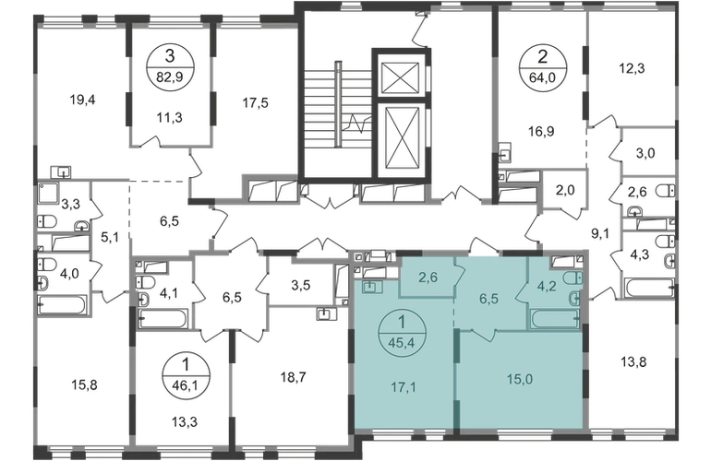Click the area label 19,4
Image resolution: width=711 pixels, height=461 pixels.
[x=82, y=100]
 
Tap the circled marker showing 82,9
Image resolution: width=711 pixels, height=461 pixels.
[x=169, y=68]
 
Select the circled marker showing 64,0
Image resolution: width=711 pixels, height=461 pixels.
[x=542, y=68]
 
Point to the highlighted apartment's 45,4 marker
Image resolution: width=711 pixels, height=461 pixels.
[x=402, y=334]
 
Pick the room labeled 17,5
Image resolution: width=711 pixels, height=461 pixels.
[x=255, y=103]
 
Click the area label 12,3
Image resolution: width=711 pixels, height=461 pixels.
[x=632, y=68]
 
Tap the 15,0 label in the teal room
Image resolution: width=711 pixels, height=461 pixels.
[x=520, y=380]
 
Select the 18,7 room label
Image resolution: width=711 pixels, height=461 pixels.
[x=294, y=377]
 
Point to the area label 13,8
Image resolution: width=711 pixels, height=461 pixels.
[x=633, y=362]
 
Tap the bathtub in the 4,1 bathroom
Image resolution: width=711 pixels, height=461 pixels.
[x=162, y=318]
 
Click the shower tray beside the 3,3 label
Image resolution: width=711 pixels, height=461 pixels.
[x=48, y=194]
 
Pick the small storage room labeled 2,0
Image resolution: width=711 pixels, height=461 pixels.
[x=565, y=190]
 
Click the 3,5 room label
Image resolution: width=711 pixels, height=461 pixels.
[x=301, y=286]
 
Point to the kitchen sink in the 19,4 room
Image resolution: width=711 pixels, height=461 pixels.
[x=61, y=171]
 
